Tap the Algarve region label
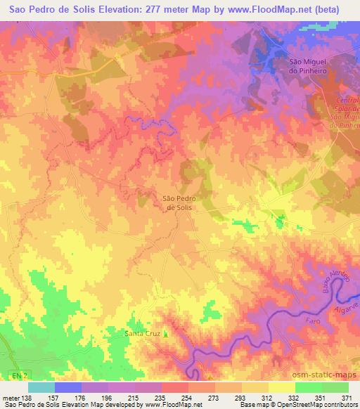click(342, 301)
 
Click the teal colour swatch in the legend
click(41, 387)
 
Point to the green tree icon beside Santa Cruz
click(167, 333)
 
